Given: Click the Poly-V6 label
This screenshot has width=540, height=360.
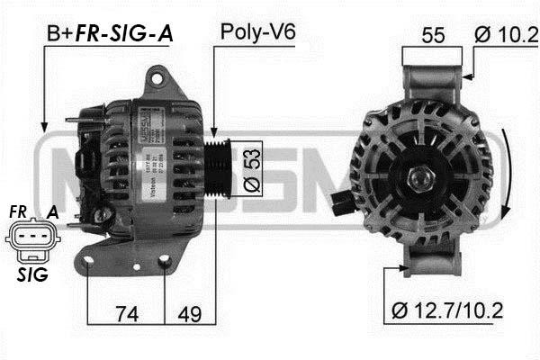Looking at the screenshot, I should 257,33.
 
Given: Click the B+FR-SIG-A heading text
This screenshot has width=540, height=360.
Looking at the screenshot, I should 110,33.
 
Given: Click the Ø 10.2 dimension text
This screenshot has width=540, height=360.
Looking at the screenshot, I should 505,35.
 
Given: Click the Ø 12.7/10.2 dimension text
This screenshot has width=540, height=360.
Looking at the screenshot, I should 447,311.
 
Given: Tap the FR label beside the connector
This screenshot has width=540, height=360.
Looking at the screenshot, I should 19,211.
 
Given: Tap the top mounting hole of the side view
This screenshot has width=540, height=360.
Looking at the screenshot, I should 160,79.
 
